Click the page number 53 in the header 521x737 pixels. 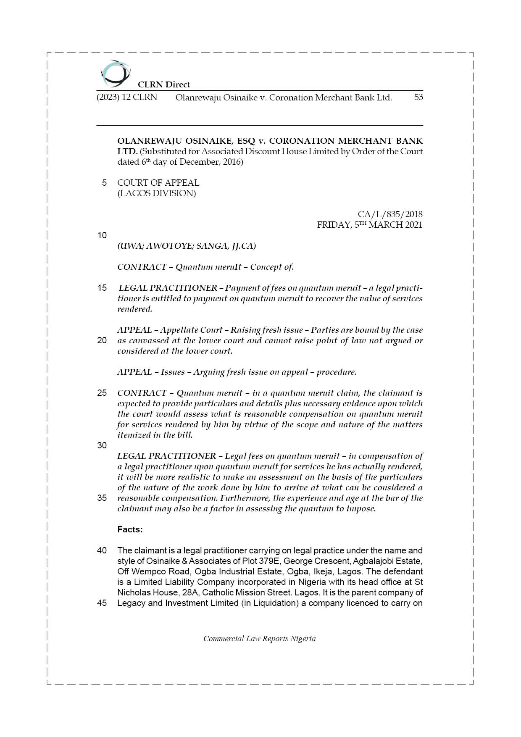[418, 97]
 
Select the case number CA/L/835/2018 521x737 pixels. [390, 214]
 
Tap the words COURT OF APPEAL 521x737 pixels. [158, 183]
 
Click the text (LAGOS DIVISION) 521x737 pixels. [156, 193]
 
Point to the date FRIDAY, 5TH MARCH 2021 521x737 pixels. [369, 225]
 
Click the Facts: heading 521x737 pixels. [130, 529]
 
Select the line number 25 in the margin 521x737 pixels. [102, 393]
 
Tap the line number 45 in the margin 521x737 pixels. [102, 603]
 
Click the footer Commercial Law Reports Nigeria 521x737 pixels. [259, 639]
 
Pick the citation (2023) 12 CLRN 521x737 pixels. [127, 97]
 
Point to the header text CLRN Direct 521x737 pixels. [164, 84]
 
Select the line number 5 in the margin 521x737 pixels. [104, 183]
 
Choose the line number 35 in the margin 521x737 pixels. [102, 498]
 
